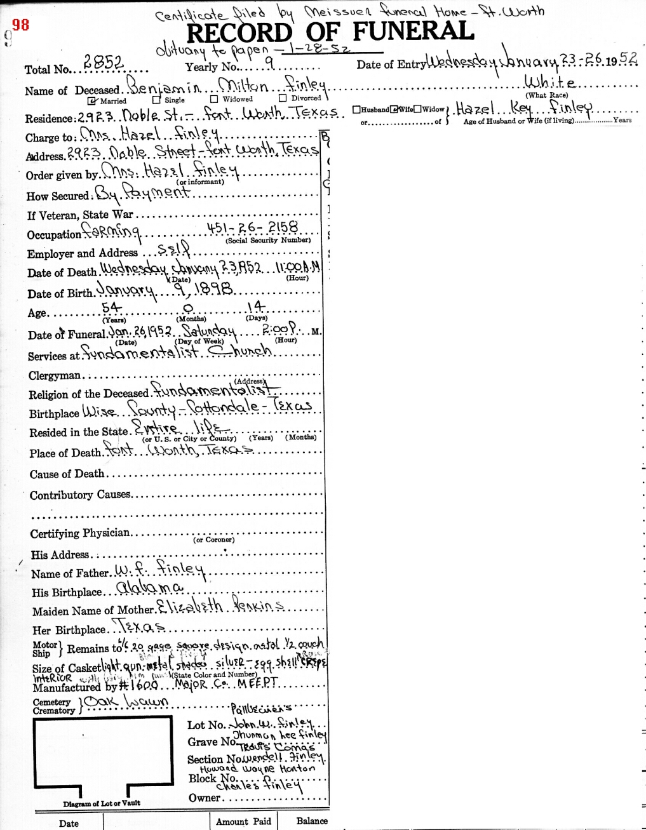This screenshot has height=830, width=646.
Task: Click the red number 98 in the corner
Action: pyautogui.click(x=20, y=25)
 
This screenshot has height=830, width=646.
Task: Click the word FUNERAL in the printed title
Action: pyautogui.click(x=413, y=31)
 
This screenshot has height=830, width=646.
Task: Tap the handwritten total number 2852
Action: pyautogui.click(x=103, y=64)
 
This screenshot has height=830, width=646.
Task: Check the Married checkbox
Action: pyautogui.click(x=92, y=100)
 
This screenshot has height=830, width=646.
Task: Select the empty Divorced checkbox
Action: pyautogui.click(x=282, y=98)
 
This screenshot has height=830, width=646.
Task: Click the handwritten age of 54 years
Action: pyautogui.click(x=112, y=308)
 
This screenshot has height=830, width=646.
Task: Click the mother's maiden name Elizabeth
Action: pyautogui.click(x=189, y=607)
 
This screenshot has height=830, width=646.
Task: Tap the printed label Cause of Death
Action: pyautogui.click(x=67, y=474)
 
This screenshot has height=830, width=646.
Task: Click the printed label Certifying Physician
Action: pyautogui.click(x=80, y=533)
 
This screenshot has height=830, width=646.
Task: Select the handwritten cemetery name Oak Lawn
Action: pyautogui.click(x=127, y=702)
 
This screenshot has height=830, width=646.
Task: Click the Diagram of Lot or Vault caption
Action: pyautogui.click(x=102, y=803)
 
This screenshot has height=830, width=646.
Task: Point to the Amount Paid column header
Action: pyautogui.click(x=243, y=821)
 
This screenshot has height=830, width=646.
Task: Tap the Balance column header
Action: pyautogui.click(x=312, y=821)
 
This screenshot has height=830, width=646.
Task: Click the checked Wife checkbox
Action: pyautogui.click(x=394, y=109)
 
